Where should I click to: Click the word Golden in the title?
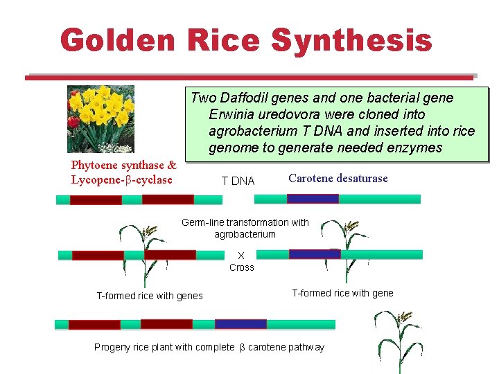[x=118, y=40]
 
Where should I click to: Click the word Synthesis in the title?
[x=351, y=40]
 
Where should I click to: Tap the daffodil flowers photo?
[x=100, y=118]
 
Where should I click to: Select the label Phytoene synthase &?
[x=124, y=166]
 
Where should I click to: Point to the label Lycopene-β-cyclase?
[x=121, y=180]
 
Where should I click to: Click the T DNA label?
[x=238, y=181]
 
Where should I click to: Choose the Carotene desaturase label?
[x=338, y=179]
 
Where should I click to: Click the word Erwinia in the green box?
[x=232, y=114]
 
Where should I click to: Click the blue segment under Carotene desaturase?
[x=313, y=199]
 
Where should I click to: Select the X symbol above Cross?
[x=241, y=255]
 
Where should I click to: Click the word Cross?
[x=242, y=267]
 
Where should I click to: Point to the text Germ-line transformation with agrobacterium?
[x=245, y=228]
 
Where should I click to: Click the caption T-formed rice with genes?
[x=149, y=296]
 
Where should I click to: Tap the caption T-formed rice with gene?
[x=342, y=293]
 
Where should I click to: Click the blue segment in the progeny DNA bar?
[x=240, y=324]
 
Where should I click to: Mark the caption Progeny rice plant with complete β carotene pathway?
[x=209, y=347]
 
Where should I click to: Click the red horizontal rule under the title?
[x=249, y=78]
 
